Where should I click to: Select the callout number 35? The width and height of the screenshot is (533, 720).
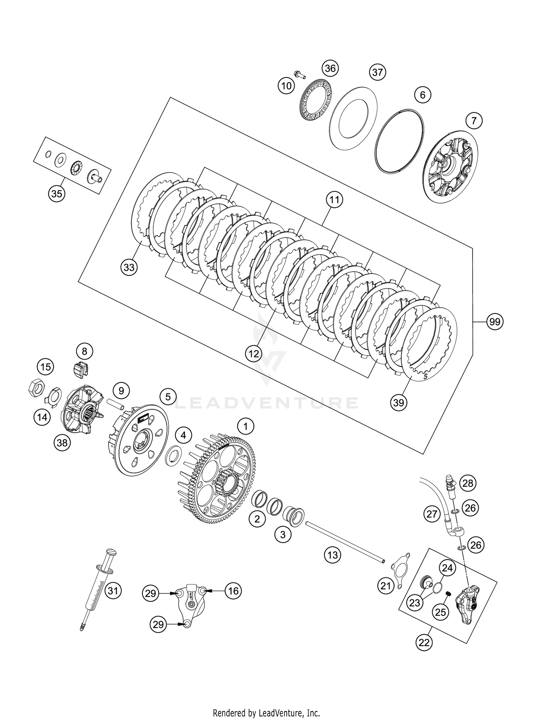(x=57, y=194)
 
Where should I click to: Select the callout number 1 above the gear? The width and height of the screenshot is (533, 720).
(x=246, y=426)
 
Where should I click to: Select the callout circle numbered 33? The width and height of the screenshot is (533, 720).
(x=129, y=267)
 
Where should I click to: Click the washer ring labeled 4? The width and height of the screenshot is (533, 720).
(x=174, y=456)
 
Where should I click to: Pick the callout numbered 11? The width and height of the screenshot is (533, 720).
(x=334, y=201)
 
